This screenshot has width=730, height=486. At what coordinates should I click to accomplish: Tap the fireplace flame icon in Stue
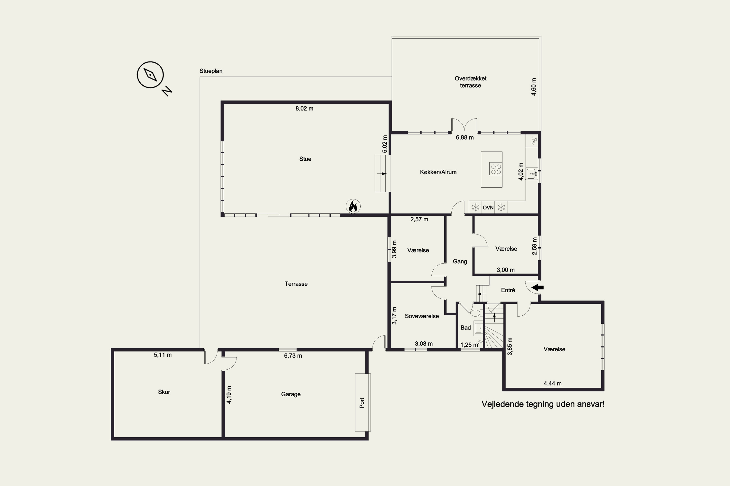pos(353,206)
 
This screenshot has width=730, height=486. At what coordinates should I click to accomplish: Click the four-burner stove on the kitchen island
pos(495,169)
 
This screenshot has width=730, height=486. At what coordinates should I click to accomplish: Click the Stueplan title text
pos(211,71)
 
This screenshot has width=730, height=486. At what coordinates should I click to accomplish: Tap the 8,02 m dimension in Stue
pos(304,108)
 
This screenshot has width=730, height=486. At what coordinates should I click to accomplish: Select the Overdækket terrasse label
pos(471,82)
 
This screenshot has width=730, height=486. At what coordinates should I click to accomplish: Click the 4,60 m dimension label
pos(534,87)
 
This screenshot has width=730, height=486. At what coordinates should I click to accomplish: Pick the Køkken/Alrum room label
pos(438,172)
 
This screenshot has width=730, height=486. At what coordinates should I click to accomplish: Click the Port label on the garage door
pos(362,403)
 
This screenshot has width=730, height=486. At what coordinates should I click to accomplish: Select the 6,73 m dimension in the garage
pos(293,356)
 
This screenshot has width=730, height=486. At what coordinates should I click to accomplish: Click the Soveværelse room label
pos(422,316)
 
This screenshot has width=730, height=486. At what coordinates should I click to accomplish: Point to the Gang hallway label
pos(460,261)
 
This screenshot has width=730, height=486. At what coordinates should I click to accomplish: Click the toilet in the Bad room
pos(476,313)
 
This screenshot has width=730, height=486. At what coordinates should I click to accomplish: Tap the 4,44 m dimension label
pos(552,383)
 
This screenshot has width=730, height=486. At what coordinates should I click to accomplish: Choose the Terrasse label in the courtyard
pos(296,284)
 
